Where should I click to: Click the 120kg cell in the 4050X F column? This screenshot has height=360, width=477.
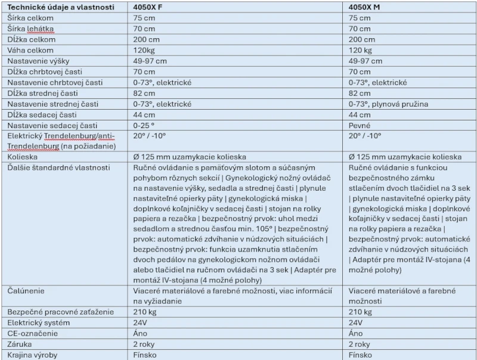click(144, 50)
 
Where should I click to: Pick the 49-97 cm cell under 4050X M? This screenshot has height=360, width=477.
click(366, 61)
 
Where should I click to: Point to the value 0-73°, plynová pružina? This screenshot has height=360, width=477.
click(388, 104)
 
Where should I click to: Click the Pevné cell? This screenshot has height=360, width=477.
click(360, 125)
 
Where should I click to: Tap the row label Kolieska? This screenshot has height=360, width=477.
click(23, 157)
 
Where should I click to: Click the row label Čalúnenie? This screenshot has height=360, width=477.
click(26, 290)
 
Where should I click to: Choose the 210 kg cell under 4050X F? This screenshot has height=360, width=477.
click(145, 312)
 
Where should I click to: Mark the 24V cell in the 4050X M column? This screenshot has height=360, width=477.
click(355, 322)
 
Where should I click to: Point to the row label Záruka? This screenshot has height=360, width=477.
click(21, 344)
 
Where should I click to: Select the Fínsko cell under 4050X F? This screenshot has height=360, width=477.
click(145, 355)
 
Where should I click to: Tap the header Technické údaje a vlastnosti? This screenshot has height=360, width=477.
click(59, 7)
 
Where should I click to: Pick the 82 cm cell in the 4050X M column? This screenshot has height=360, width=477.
click(360, 93)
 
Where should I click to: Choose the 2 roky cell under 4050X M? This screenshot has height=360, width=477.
click(360, 344)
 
